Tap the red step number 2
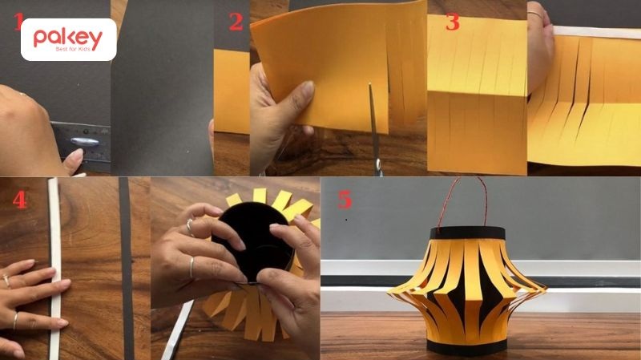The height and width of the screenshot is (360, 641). point(236,22)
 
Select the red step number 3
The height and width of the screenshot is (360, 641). point(453,22)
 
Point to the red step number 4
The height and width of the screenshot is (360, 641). point(19,200)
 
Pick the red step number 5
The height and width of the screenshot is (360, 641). point(345,200)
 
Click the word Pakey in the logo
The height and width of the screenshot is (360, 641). point(68,38)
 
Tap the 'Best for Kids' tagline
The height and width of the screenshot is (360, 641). point(73,50)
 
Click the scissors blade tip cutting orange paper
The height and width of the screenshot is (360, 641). point(370,85)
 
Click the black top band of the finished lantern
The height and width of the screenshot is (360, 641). point(467,233)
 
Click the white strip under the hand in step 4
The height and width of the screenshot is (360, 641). point(54,269)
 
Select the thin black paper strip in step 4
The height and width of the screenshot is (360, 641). point(127,269)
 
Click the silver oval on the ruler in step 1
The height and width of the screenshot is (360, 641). point(85,143)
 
